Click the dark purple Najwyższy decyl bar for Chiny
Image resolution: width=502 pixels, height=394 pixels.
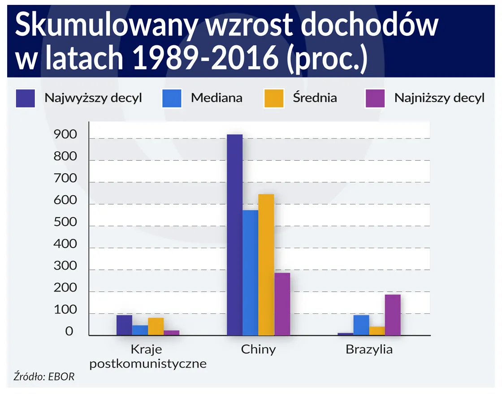pos(234,235)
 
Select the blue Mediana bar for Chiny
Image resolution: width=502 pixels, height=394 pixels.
pos(250,273)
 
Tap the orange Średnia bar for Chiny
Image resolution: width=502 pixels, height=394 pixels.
pos(266,265)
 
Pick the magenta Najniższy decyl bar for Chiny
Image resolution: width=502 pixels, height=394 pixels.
pos(282,304)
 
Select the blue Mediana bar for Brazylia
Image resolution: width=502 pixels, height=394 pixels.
pos(361,325)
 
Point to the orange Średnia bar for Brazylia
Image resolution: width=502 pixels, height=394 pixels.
pos(377,331)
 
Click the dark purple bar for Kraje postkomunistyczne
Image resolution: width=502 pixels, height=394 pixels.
pos(124,325)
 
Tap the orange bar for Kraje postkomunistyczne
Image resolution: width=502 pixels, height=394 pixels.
pos(156,326)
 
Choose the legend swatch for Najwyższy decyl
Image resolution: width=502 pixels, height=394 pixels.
pos(25,98)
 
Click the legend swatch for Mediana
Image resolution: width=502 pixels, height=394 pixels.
pos(172,98)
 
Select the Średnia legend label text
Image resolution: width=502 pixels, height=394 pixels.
pos(315,98)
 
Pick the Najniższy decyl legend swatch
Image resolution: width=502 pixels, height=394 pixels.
pos(375,98)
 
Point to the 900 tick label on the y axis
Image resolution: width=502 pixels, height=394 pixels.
pos(65,135)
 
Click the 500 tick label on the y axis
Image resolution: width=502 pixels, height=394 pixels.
pos(65,223)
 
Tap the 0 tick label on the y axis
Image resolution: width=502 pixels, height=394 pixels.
pos(69,332)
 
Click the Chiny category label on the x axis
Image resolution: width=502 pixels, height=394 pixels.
pos(258,350)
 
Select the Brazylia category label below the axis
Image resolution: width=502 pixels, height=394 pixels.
pos(369,350)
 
